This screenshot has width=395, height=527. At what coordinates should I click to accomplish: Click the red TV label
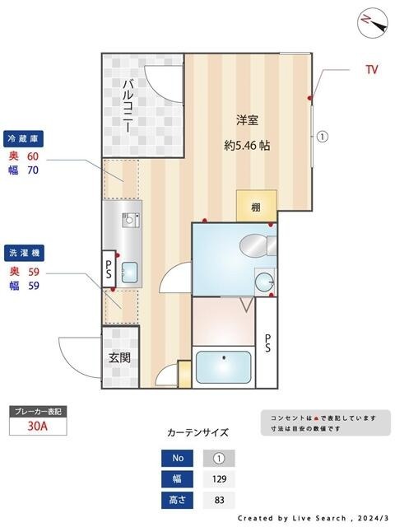point(372,70)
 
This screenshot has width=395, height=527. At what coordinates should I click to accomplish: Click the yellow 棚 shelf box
point(256,207)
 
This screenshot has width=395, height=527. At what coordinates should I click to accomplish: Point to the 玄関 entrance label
point(120,358)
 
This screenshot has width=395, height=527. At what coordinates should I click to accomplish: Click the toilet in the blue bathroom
point(254,244)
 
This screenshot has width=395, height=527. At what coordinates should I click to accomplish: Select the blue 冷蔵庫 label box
point(26,137)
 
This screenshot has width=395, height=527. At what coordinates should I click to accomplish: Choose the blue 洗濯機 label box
point(26,252)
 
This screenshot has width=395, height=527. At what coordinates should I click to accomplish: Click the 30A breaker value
point(37,427)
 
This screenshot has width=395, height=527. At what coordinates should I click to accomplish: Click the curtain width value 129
point(218,479)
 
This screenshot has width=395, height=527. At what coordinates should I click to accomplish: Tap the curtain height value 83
point(218,500)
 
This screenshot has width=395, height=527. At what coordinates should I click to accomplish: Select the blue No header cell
point(176,459)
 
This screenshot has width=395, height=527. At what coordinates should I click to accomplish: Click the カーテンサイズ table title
point(197,432)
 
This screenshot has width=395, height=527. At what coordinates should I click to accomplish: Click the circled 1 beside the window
point(323,138)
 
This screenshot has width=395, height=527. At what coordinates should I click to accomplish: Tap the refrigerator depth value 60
point(34,156)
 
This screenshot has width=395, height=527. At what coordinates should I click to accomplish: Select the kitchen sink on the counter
point(129,273)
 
